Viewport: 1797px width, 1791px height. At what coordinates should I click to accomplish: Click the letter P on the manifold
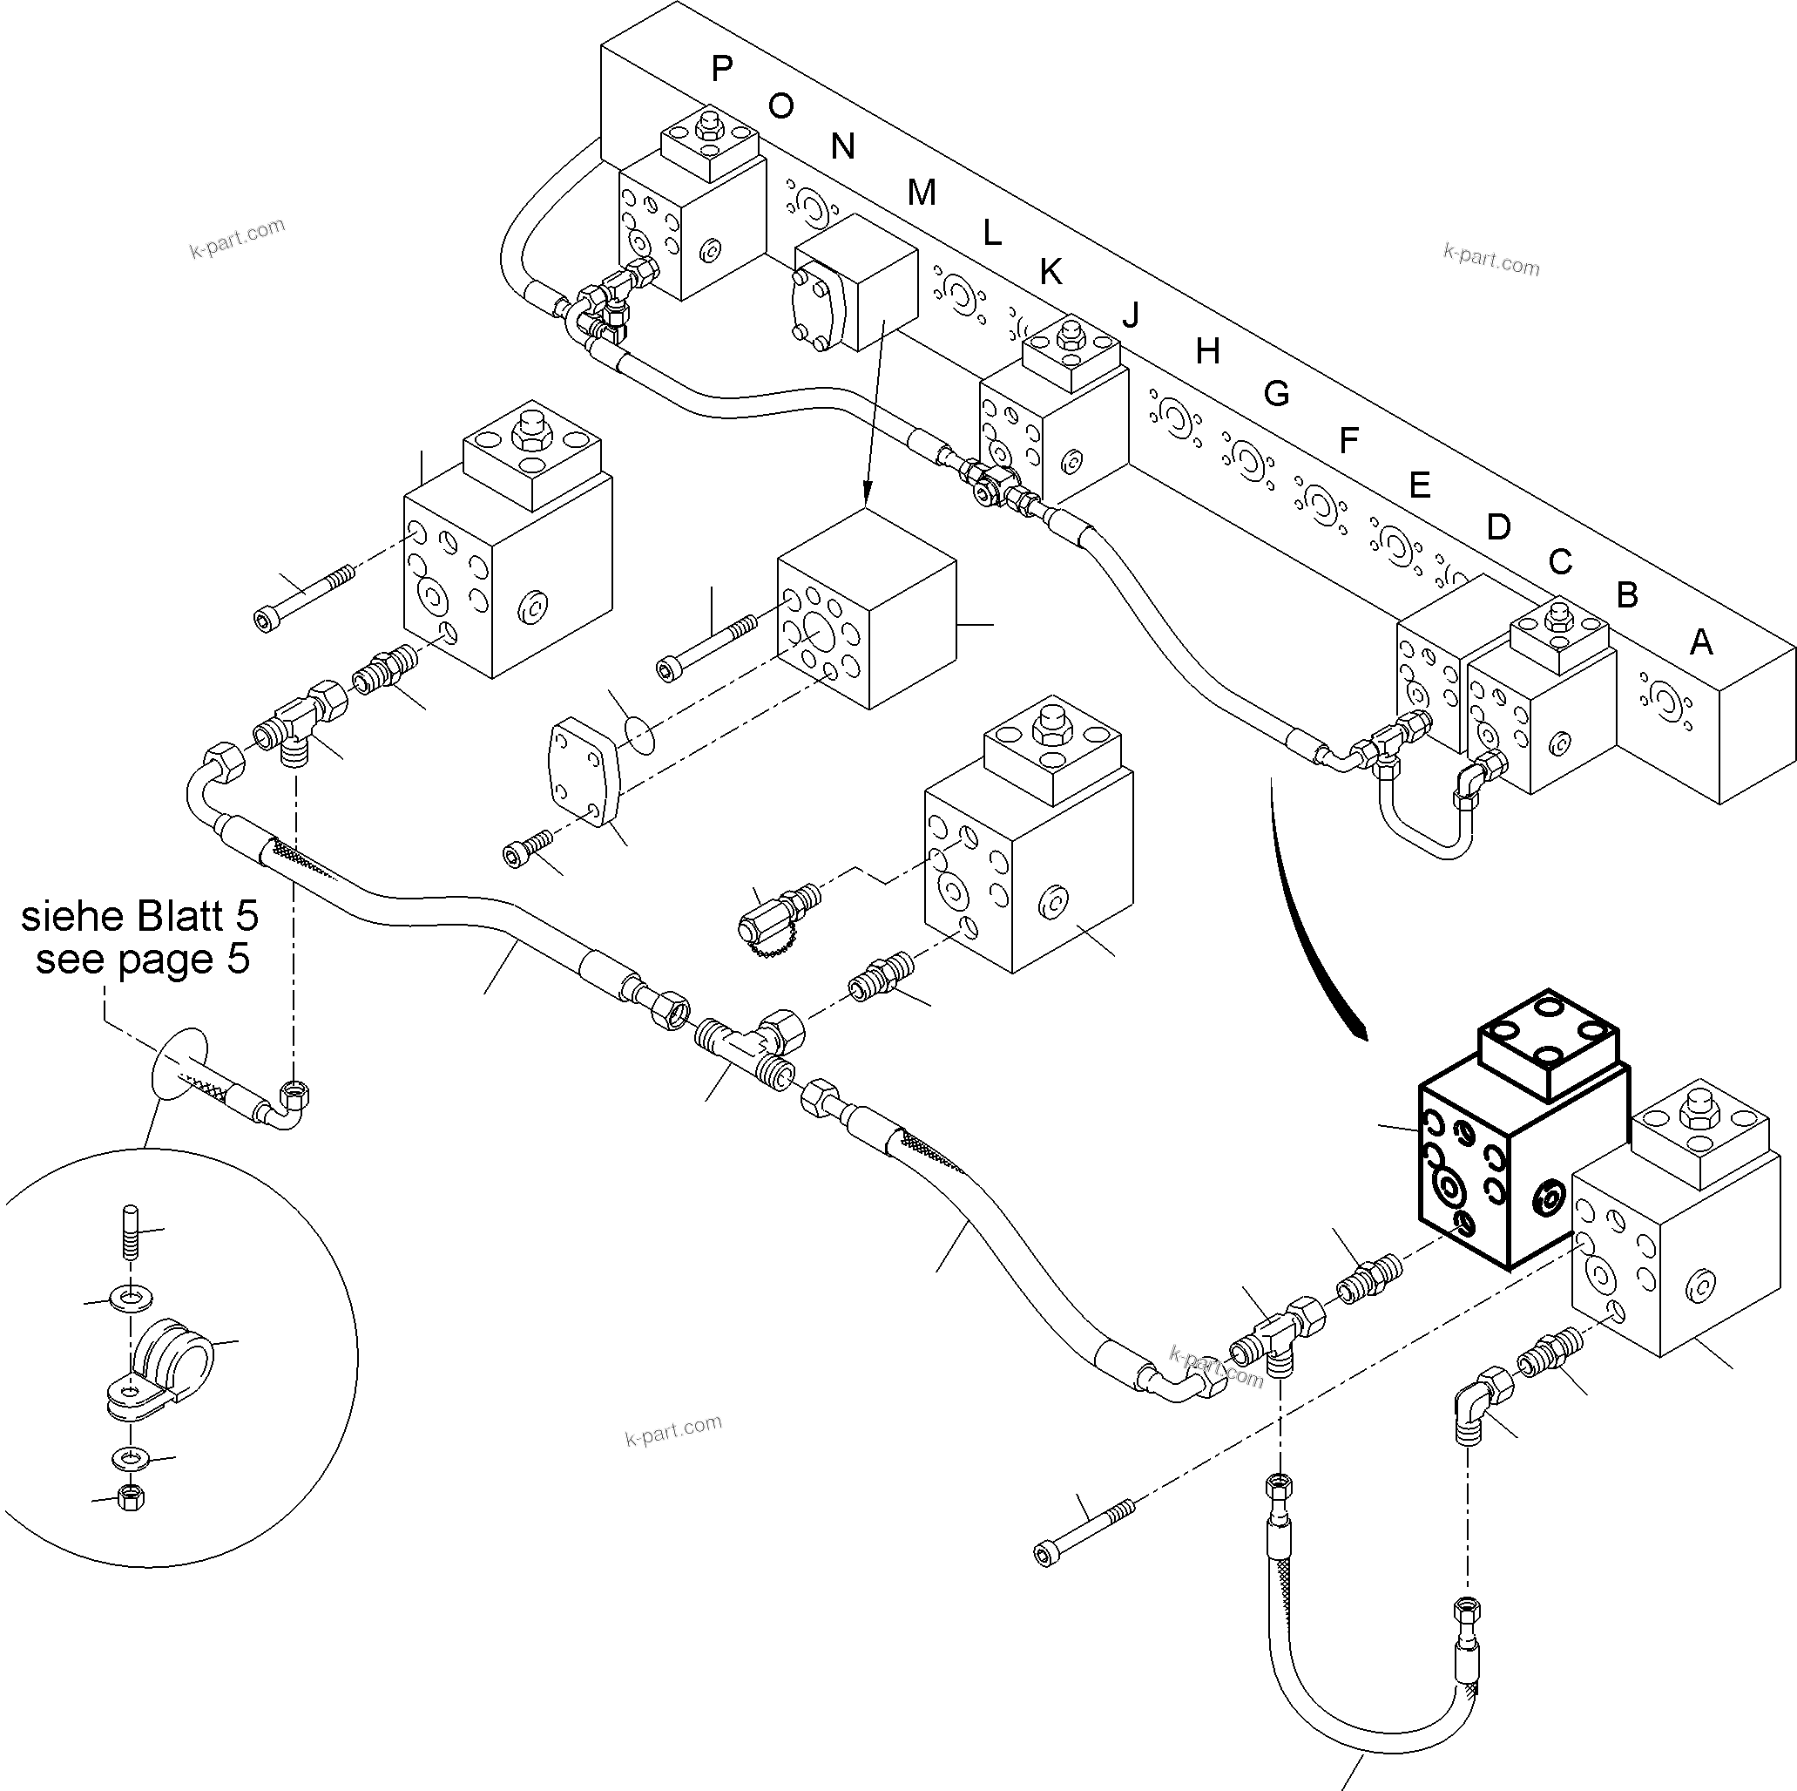pyautogui.click(x=722, y=68)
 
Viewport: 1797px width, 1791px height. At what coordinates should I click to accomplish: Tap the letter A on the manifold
pyautogui.click(x=1700, y=642)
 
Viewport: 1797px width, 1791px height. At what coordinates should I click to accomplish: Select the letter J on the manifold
pyautogui.click(x=1130, y=316)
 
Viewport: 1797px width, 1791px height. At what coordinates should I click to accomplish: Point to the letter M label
pyautogui.click(x=921, y=193)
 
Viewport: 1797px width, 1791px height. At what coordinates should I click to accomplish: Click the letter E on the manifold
pyautogui.click(x=1419, y=485)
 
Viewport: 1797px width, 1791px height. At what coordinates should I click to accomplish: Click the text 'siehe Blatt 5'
pyautogui.click(x=139, y=917)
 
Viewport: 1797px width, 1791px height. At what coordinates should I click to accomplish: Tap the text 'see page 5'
pyautogui.click(x=142, y=960)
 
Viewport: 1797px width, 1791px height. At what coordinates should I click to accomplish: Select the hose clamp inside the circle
pyautogui.click(x=167, y=1359)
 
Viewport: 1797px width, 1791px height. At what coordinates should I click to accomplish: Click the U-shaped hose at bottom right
pyautogui.click(x=1368, y=1712)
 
